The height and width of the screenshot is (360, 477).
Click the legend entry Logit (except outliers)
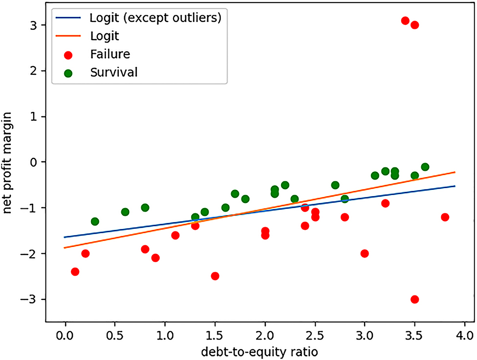point(155,19)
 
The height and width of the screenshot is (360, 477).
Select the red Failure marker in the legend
point(68,54)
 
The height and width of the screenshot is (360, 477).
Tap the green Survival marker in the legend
point(68,73)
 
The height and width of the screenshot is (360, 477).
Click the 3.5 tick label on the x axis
point(414,337)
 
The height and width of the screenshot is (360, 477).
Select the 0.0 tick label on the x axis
point(65,337)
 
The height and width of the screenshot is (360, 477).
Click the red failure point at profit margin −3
point(414,299)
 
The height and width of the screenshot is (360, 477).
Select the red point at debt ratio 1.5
point(215,276)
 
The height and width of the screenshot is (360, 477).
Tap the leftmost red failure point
point(75,271)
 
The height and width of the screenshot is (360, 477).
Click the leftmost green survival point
point(95,222)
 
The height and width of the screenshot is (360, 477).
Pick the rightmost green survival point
point(425,167)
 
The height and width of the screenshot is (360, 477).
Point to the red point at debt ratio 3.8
point(445,217)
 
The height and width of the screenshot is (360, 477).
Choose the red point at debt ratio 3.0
point(365,253)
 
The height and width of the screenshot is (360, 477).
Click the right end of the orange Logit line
point(455,172)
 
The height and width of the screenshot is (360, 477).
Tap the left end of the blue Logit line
point(65,237)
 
